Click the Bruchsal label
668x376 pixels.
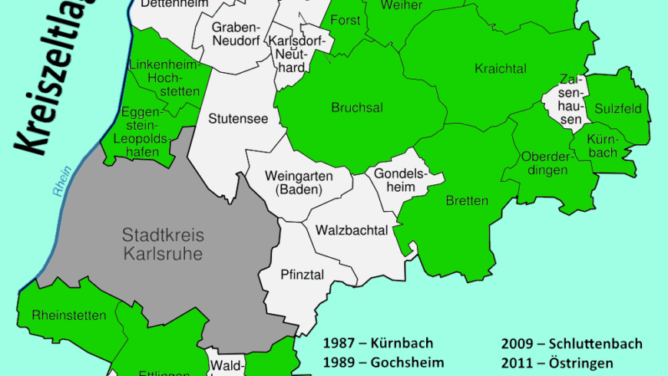click(357, 107)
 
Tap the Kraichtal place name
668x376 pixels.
click(501, 69)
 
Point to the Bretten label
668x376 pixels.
click(466, 201)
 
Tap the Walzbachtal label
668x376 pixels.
click(349, 230)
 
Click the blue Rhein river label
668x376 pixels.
click(61, 183)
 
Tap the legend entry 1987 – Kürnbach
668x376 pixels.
click(379, 343)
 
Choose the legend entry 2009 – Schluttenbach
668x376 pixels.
click(571, 343)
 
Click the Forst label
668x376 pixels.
click(346, 21)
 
